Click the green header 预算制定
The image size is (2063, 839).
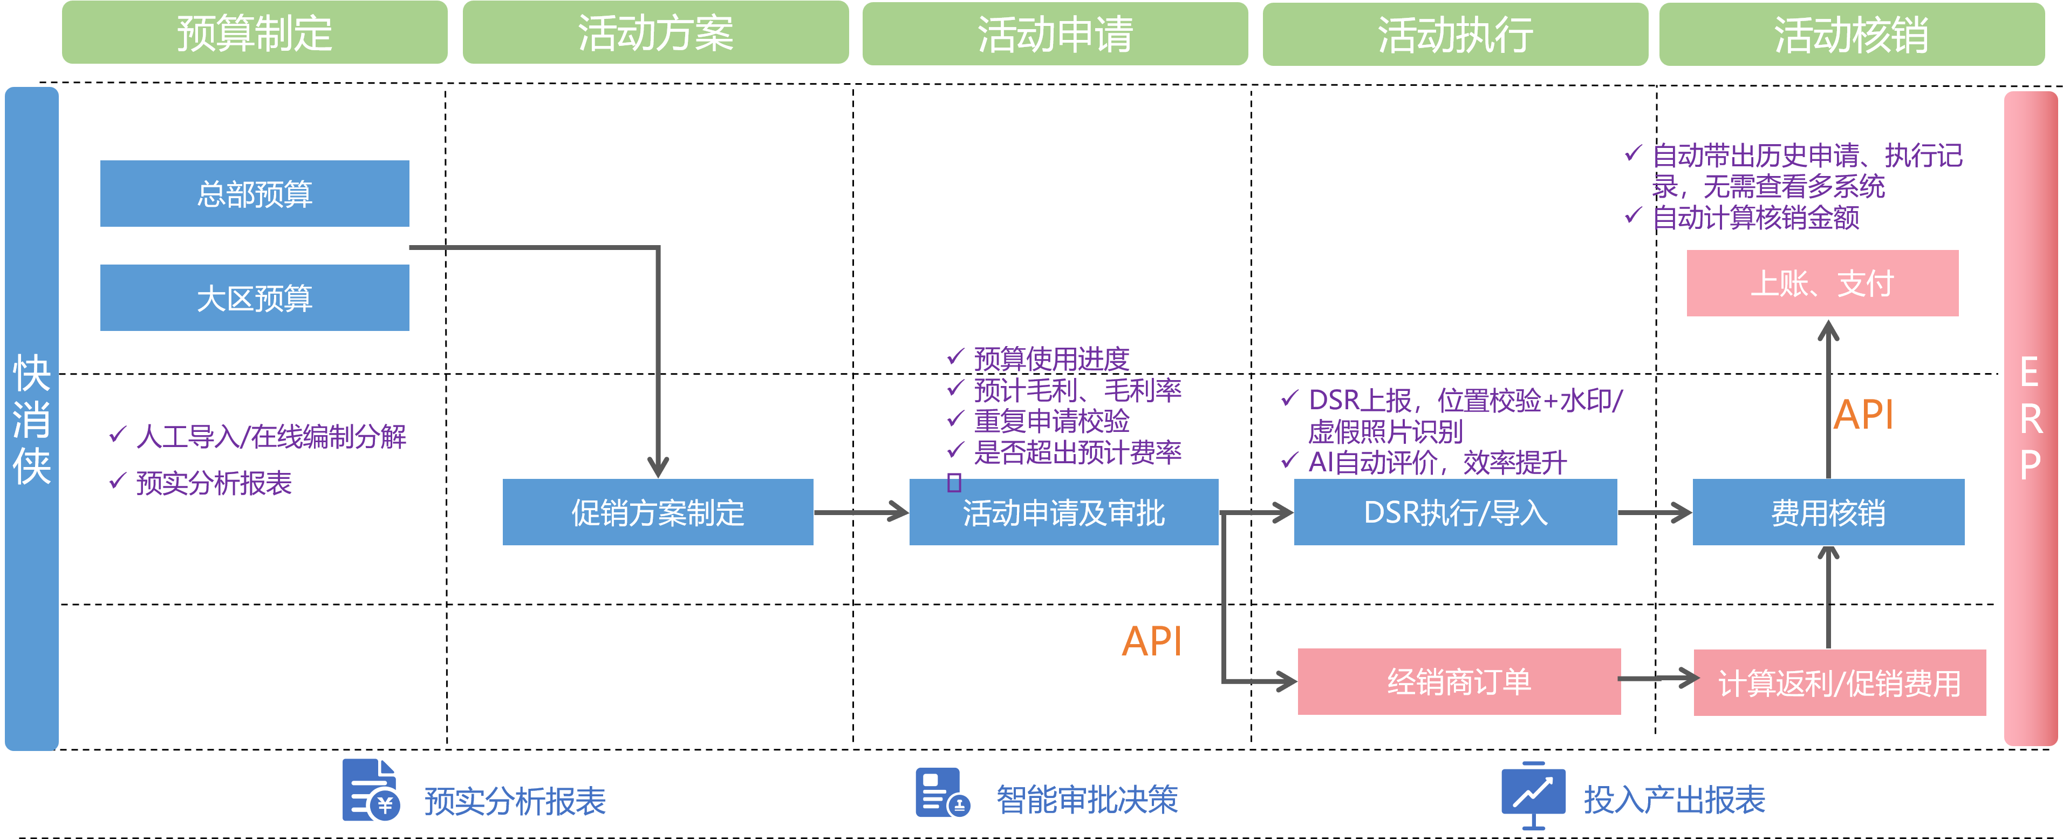coord(255,33)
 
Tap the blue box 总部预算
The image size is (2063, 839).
coord(255,194)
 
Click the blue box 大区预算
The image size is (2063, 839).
coord(255,298)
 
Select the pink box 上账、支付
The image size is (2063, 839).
coord(1822,283)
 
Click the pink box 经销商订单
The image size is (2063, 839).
coord(1458,682)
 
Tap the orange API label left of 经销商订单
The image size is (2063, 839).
coord(1152,641)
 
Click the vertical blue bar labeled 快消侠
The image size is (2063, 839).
coord(31,419)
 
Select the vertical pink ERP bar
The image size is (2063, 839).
coord(2030,419)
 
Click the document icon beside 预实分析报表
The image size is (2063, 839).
coord(370,791)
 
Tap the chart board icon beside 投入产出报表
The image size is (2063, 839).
coord(1533,793)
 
